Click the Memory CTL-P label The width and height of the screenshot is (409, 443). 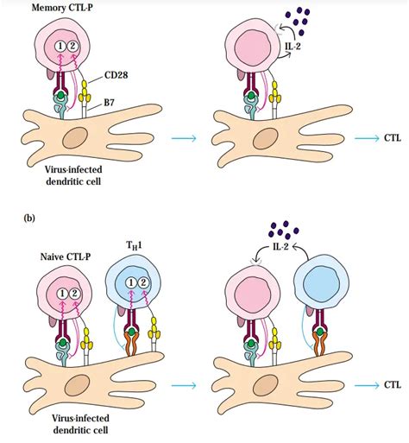(x=62, y=8)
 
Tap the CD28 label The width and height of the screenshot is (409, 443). (x=116, y=75)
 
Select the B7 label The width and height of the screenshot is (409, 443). (x=109, y=102)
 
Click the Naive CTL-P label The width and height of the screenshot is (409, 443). (x=66, y=256)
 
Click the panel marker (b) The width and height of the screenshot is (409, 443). (x=28, y=218)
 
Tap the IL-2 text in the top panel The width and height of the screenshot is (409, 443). (x=293, y=46)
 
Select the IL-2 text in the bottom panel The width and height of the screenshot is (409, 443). (x=280, y=246)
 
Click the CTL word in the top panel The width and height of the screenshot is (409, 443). (x=393, y=138)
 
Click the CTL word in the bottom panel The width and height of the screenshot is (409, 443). (x=393, y=385)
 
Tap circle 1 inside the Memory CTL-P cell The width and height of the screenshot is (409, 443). (x=60, y=46)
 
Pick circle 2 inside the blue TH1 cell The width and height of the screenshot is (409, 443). (x=142, y=283)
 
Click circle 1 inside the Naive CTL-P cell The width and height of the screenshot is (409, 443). (x=62, y=294)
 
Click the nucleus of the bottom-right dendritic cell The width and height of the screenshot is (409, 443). (x=265, y=386)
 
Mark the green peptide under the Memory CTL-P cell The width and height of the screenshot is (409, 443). (x=60, y=95)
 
